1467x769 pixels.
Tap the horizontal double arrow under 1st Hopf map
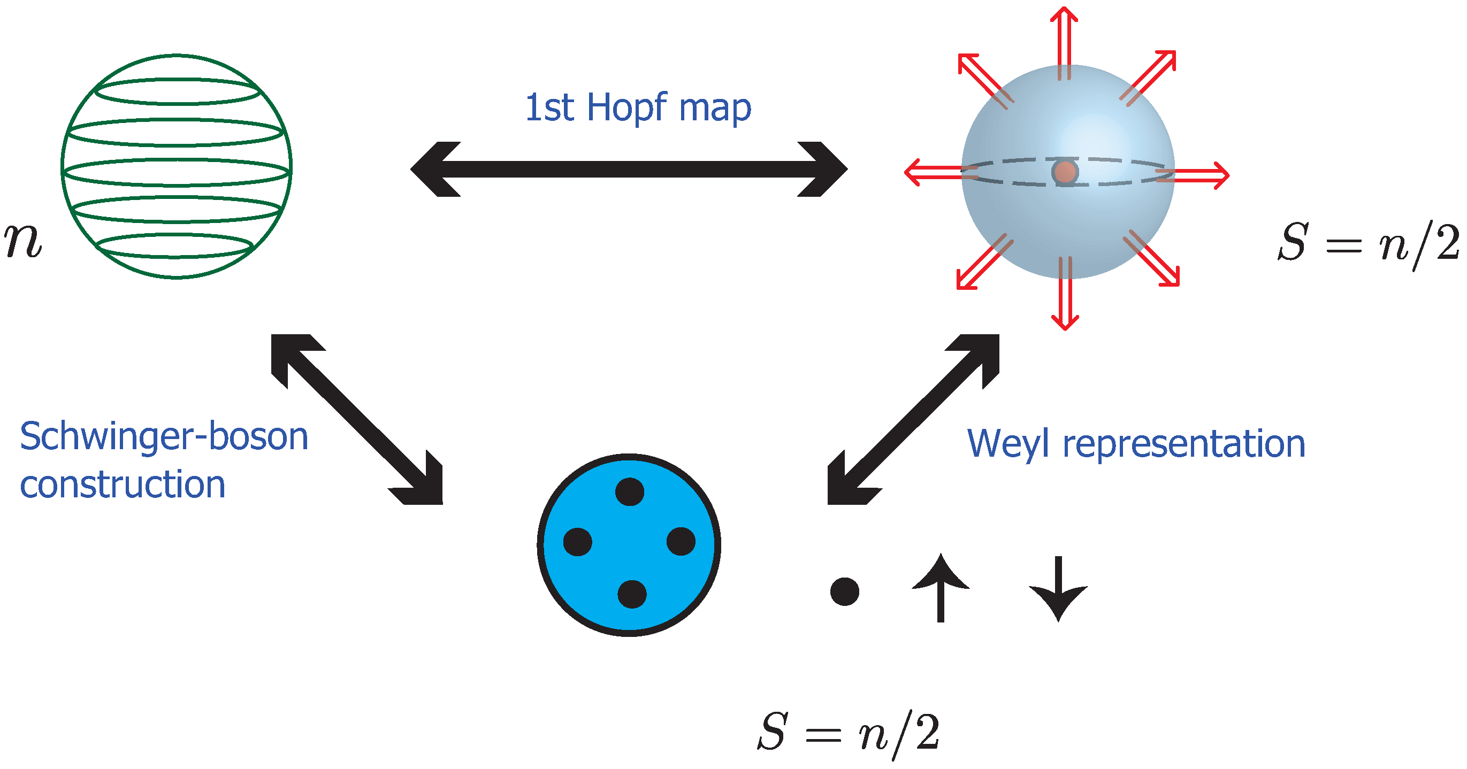tap(629, 169)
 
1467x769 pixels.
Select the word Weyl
tap(1008, 444)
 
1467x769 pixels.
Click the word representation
tap(1184, 443)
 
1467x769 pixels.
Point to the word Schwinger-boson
tap(164, 436)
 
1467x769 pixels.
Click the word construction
tap(123, 485)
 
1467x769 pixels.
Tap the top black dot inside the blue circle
tap(630, 492)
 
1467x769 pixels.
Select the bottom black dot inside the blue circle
tap(631, 594)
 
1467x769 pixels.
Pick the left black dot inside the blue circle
tap(577, 541)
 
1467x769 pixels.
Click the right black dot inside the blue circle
tap(681, 541)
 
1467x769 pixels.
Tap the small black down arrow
tap(1058, 589)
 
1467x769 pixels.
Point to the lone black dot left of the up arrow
tap(845, 591)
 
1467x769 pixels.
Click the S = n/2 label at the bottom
tap(848, 733)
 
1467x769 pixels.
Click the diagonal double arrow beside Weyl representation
tap(913, 419)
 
